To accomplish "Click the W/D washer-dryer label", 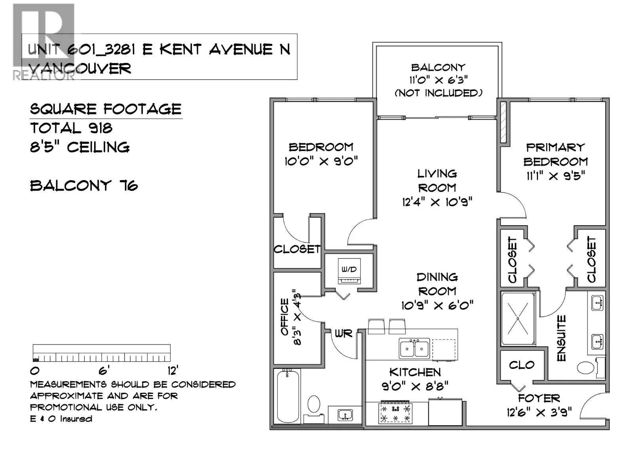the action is [x=349, y=270].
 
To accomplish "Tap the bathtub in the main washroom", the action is [x=288, y=397].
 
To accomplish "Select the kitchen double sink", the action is [x=414, y=348].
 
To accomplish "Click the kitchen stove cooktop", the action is [x=395, y=414].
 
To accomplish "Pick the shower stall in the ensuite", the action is [x=518, y=318].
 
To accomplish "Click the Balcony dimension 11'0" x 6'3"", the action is [x=438, y=80].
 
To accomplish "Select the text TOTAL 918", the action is [x=71, y=128].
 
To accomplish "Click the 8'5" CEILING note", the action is [x=80, y=147].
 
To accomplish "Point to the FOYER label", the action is [x=539, y=398].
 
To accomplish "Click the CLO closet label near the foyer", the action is [x=522, y=365].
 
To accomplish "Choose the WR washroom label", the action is [x=343, y=334].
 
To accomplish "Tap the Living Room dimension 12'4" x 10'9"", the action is [x=437, y=202].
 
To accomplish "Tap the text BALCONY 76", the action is [x=84, y=185].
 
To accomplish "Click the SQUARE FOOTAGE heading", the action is [x=106, y=109].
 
